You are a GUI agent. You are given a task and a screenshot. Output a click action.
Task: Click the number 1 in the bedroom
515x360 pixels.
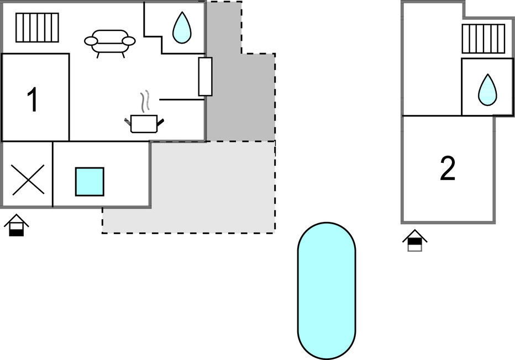(33, 100)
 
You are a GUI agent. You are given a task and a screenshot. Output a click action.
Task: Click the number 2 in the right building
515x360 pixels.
(448, 169)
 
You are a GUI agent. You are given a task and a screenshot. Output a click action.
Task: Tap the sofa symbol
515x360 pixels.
(110, 42)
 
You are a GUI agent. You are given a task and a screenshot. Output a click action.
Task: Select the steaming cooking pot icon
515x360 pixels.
(144, 123)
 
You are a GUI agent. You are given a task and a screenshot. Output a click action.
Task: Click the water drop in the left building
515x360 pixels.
(181, 29)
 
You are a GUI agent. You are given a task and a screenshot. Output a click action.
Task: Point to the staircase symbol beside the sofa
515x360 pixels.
(37, 28)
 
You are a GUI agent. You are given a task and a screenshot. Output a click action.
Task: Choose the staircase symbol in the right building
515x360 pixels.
(484, 39)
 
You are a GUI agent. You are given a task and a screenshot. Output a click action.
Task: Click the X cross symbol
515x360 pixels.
(28, 179)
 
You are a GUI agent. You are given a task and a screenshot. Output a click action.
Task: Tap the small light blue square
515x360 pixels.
(90, 182)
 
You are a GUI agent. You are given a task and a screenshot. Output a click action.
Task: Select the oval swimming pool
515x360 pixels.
(326, 290)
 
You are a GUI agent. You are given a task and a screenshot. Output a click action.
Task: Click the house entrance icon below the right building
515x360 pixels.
(415, 241)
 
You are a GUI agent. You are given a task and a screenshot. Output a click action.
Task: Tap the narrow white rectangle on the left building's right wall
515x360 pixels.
(205, 76)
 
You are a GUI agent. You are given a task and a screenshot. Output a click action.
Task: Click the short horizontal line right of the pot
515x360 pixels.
(181, 99)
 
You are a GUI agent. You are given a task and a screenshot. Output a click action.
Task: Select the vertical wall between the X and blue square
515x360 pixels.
(53, 174)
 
